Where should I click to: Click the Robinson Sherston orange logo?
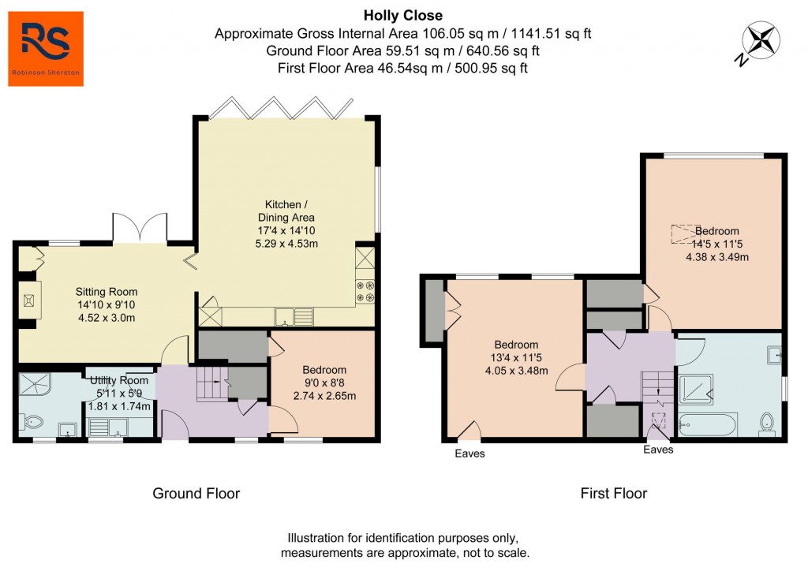(x=46, y=48)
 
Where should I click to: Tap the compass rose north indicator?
(x=761, y=41)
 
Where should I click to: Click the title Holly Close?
(x=403, y=15)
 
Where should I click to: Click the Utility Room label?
(x=118, y=381)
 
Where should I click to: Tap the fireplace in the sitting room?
(x=29, y=299)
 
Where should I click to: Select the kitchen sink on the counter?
(x=286, y=317)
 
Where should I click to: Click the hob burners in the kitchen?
(x=365, y=292)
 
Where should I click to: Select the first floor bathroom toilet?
(x=766, y=424)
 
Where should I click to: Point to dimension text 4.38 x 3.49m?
(x=717, y=256)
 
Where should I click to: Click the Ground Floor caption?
(x=196, y=494)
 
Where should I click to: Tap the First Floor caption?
(x=613, y=494)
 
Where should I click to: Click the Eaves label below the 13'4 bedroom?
(x=470, y=453)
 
